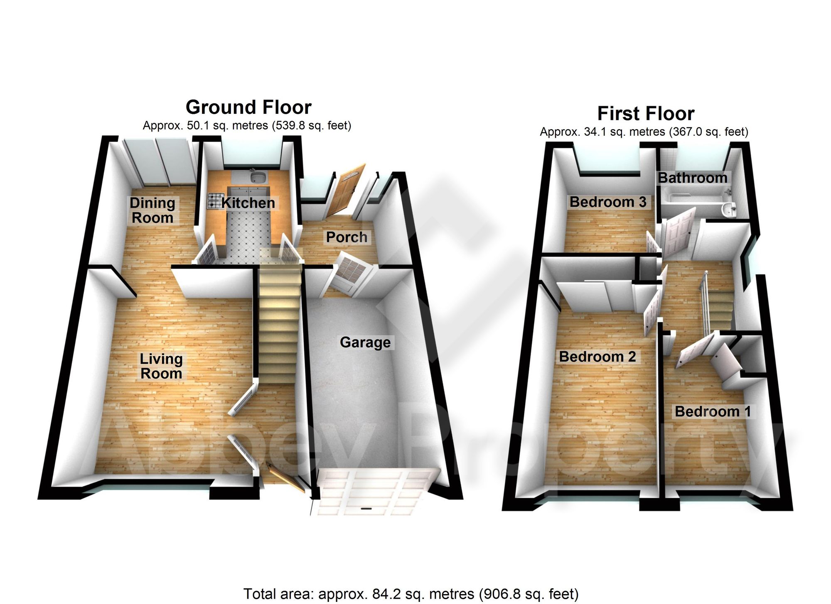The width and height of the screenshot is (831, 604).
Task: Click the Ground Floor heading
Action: (248, 107)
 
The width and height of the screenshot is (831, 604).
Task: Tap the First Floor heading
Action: (646, 113)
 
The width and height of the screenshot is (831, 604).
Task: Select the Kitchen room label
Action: (248, 203)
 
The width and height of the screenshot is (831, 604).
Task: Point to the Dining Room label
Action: (152, 210)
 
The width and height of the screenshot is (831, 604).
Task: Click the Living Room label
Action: (161, 366)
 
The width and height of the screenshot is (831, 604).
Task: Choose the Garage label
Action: (365, 342)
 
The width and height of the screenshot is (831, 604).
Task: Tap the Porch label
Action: (347, 237)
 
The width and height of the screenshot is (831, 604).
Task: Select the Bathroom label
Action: (693, 178)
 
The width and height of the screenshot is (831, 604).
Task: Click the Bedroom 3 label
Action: (608, 202)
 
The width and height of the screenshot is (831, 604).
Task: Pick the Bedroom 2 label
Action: (597, 357)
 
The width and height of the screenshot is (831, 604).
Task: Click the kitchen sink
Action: (258, 178)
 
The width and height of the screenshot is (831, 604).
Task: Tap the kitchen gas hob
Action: (215, 201)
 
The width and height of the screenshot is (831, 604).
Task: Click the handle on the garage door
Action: (366, 509)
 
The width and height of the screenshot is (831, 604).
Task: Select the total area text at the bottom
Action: (411, 594)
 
